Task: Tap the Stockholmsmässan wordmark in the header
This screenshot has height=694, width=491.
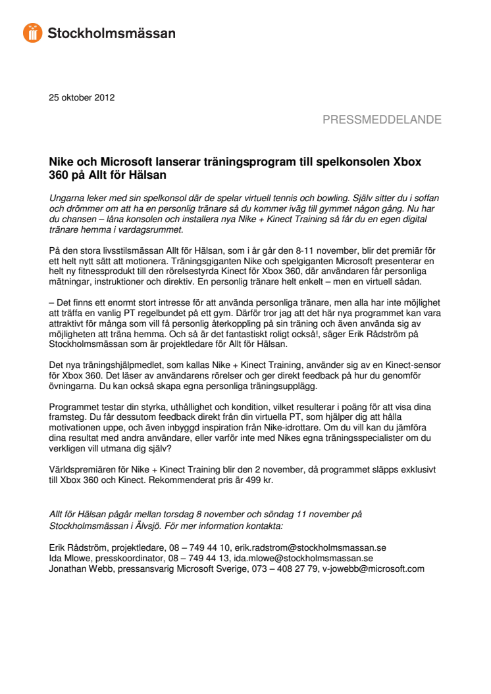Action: click(x=111, y=33)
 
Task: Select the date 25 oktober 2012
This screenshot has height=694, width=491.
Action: click(x=82, y=98)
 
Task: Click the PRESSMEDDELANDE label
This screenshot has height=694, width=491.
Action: click(x=382, y=120)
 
